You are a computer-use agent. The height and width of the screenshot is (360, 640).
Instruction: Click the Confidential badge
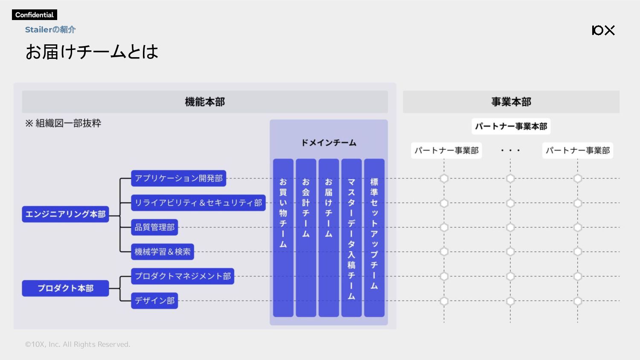click(x=34, y=15)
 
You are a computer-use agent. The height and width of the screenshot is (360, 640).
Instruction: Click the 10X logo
click(x=603, y=30)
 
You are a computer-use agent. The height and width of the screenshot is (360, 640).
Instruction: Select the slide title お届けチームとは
click(x=92, y=52)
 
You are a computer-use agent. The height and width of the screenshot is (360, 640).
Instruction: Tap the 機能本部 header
click(x=205, y=102)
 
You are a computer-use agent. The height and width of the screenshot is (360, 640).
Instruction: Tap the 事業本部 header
click(x=511, y=102)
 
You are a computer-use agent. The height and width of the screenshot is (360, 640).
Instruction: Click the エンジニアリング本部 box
click(x=65, y=214)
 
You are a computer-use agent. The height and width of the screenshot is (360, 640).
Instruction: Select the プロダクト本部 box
click(x=65, y=288)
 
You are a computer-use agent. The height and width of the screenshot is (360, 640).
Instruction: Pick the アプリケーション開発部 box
click(x=179, y=178)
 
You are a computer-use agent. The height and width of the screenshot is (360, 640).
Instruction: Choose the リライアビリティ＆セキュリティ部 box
click(x=198, y=203)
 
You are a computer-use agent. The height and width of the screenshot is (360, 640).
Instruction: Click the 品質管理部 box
click(x=154, y=227)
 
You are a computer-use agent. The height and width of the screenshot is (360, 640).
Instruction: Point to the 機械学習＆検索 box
click(x=163, y=252)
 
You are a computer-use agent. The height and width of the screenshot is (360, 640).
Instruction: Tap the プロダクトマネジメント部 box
click(x=183, y=276)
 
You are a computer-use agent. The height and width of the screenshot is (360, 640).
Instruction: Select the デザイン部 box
click(x=154, y=301)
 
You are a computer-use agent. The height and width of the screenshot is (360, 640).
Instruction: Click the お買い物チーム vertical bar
click(x=283, y=238)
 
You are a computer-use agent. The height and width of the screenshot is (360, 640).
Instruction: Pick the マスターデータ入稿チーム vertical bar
click(x=352, y=238)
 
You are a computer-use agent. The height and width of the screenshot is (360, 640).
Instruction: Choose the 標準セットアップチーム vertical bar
click(x=374, y=238)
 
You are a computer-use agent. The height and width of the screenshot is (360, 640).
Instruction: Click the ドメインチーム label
click(x=329, y=142)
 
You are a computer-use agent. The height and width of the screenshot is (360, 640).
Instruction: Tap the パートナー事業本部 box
click(x=511, y=126)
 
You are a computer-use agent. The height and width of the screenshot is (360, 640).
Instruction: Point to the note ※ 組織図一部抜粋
click(x=63, y=123)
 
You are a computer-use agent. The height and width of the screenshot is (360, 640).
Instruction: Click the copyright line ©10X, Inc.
click(x=77, y=344)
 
